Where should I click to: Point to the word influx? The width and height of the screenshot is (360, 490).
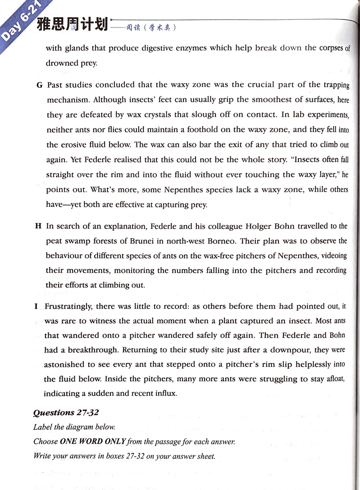[x=163, y=394]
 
